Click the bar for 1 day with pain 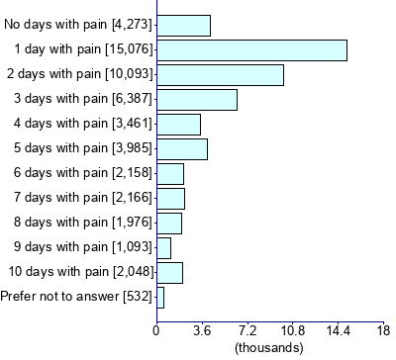(251, 49)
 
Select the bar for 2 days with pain (220, 74)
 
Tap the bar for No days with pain (183, 25)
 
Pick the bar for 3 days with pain (197, 99)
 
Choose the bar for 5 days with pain (182, 148)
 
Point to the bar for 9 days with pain (163, 247)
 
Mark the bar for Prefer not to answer (160, 297)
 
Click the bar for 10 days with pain (169, 272)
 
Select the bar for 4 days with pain (178, 124)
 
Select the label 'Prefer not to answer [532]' (75, 297)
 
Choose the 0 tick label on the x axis (156, 330)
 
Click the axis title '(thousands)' (270, 347)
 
